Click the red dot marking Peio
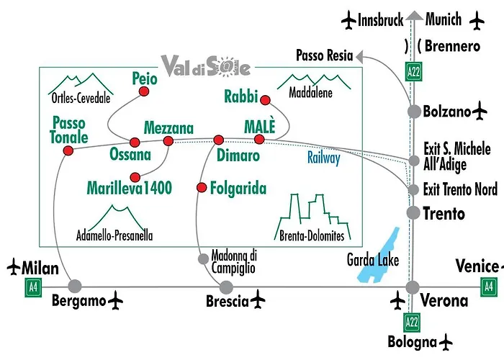144,91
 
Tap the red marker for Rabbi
265,100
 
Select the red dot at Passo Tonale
68,150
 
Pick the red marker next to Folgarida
202,187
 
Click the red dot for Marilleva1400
135,177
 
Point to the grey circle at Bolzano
414,112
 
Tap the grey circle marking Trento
413,212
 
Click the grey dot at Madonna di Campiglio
203,258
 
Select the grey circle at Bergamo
75,286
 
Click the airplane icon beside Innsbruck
348,20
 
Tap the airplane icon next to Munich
477,20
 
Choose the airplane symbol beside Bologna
445,342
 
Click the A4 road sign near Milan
33,287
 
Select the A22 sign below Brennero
413,72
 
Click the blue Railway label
324,158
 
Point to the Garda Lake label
373,261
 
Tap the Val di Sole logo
206,66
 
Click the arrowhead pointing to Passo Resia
359,57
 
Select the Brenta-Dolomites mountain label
312,236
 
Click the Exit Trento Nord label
460,189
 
